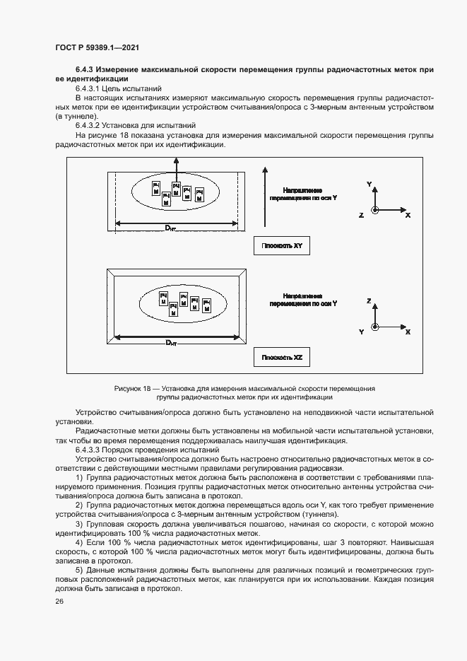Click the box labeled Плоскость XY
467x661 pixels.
tap(282, 246)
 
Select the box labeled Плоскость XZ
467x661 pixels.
tap(282, 358)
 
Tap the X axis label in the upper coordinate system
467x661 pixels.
tap(408, 215)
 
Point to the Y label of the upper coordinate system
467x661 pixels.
tap(369, 183)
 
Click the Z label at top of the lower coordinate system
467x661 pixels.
tap(369, 301)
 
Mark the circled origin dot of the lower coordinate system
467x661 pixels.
tap(376, 327)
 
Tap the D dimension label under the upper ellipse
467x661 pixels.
tap(171, 227)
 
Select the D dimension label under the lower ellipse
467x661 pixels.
tap(171, 343)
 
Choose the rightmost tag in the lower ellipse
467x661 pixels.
tap(206, 305)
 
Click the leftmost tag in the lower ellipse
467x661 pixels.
tap(163, 297)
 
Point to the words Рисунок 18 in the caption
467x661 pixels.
tap(132, 389)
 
